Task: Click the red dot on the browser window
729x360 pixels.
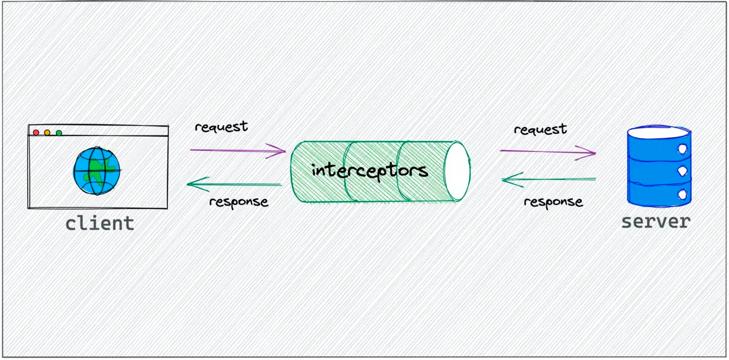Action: tap(36, 133)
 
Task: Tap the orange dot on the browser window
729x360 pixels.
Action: tap(47, 133)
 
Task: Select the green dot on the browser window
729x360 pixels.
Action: tap(59, 133)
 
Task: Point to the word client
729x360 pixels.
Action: tap(100, 223)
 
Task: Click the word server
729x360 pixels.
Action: tap(656, 221)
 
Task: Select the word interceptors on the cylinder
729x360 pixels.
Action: tap(370, 170)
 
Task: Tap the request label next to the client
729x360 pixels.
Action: tap(221, 126)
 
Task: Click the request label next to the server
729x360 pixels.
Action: tap(540, 129)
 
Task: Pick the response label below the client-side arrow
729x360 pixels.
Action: tap(239, 202)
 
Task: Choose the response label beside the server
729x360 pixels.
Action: tap(553, 202)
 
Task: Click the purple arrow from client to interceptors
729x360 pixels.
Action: tap(237, 150)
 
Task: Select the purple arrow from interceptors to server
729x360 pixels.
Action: tap(547, 152)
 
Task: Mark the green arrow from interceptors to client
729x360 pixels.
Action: tap(235, 184)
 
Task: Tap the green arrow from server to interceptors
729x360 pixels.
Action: tap(548, 180)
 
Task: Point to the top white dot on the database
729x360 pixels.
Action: tap(682, 149)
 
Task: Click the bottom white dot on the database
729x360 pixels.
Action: tap(682, 194)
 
